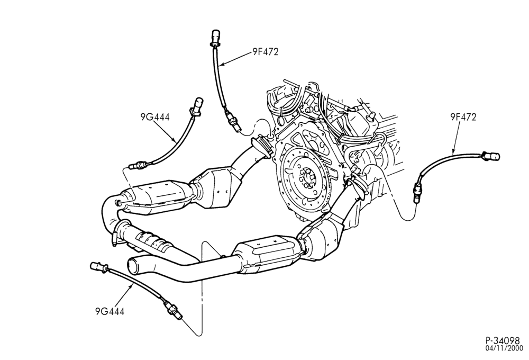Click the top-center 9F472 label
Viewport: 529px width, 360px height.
[x=265, y=52]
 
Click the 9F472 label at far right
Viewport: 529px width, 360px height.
[x=463, y=117]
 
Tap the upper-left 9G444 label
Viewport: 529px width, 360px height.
[x=155, y=117]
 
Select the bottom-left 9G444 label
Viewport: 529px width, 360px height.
[x=110, y=311]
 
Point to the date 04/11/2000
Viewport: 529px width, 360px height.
[x=504, y=348]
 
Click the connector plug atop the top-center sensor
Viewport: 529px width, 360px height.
[x=215, y=37]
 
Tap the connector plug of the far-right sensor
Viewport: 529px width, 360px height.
[x=491, y=156]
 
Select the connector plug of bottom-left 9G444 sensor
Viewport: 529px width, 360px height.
[x=98, y=267]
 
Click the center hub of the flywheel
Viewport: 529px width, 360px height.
[x=308, y=176]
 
